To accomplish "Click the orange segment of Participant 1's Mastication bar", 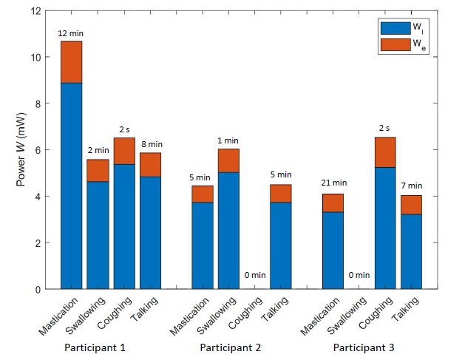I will tap(71, 62).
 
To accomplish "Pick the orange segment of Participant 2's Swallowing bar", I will tap(229, 160).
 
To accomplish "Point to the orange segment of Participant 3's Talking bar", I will tap(411, 205).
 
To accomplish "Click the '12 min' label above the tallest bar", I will tap(71, 35).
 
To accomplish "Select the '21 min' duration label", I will tap(333, 183).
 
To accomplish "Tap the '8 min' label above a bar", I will tap(152, 144).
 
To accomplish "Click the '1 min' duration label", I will tap(229, 140).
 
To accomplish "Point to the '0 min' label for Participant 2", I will tap(255, 275).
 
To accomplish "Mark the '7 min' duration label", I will tap(411, 186).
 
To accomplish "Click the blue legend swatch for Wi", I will tap(393, 28).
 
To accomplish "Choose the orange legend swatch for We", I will tap(393, 44).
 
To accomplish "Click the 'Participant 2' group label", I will tap(230, 347).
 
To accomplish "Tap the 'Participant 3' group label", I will tap(363, 347).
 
